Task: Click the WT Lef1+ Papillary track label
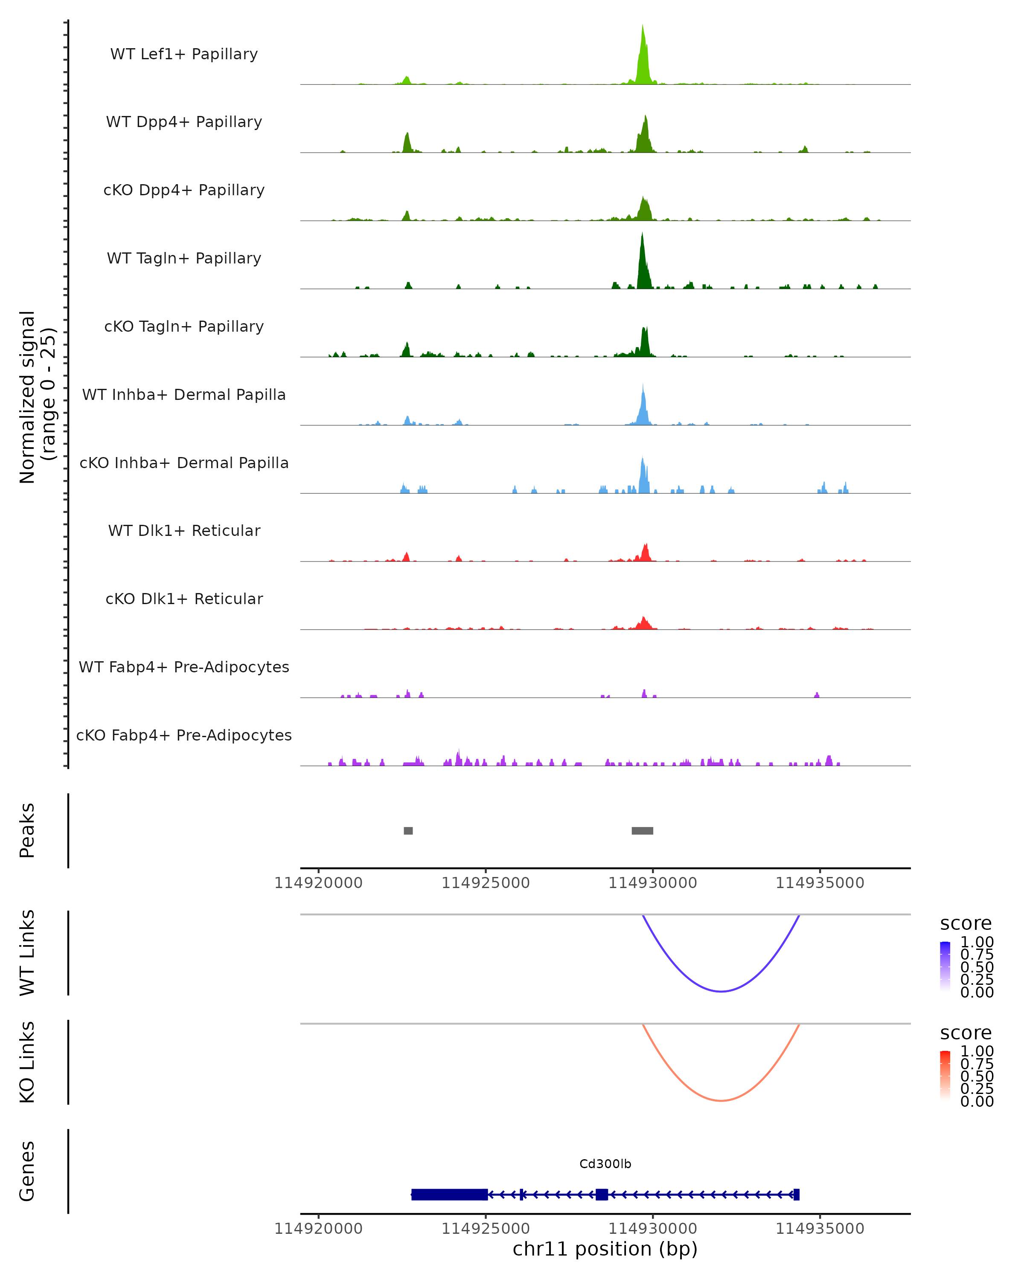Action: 184,54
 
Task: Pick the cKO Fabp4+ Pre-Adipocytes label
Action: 184,735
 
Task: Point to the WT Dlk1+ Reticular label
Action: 184,530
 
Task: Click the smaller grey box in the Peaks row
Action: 408,830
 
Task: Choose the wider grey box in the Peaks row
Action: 642,830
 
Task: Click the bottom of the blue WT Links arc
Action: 721,991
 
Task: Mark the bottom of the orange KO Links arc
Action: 721,1100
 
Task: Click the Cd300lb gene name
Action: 605,1164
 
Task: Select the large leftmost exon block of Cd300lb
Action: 449,1194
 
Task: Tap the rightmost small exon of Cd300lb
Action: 797,1194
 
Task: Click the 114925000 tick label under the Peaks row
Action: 486,883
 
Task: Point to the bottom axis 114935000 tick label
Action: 820,1229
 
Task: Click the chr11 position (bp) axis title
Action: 605,1249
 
